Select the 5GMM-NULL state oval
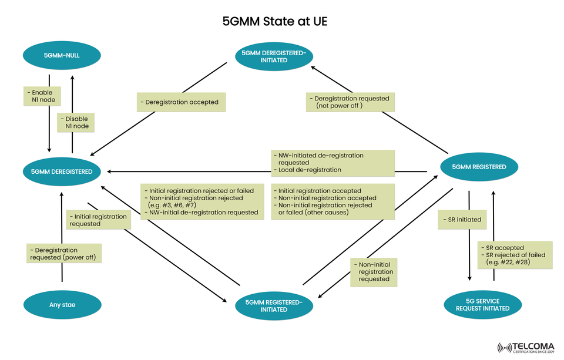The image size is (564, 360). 62,56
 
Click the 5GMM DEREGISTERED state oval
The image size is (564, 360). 62,171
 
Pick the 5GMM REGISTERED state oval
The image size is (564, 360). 479,167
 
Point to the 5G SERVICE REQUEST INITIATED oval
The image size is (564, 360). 482,304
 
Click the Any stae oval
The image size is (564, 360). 62,305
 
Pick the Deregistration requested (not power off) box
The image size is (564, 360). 350,102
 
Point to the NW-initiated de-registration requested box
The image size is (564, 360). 333,163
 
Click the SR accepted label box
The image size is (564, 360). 514,255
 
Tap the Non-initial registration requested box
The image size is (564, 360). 374,272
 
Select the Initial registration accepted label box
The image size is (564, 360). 333,201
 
